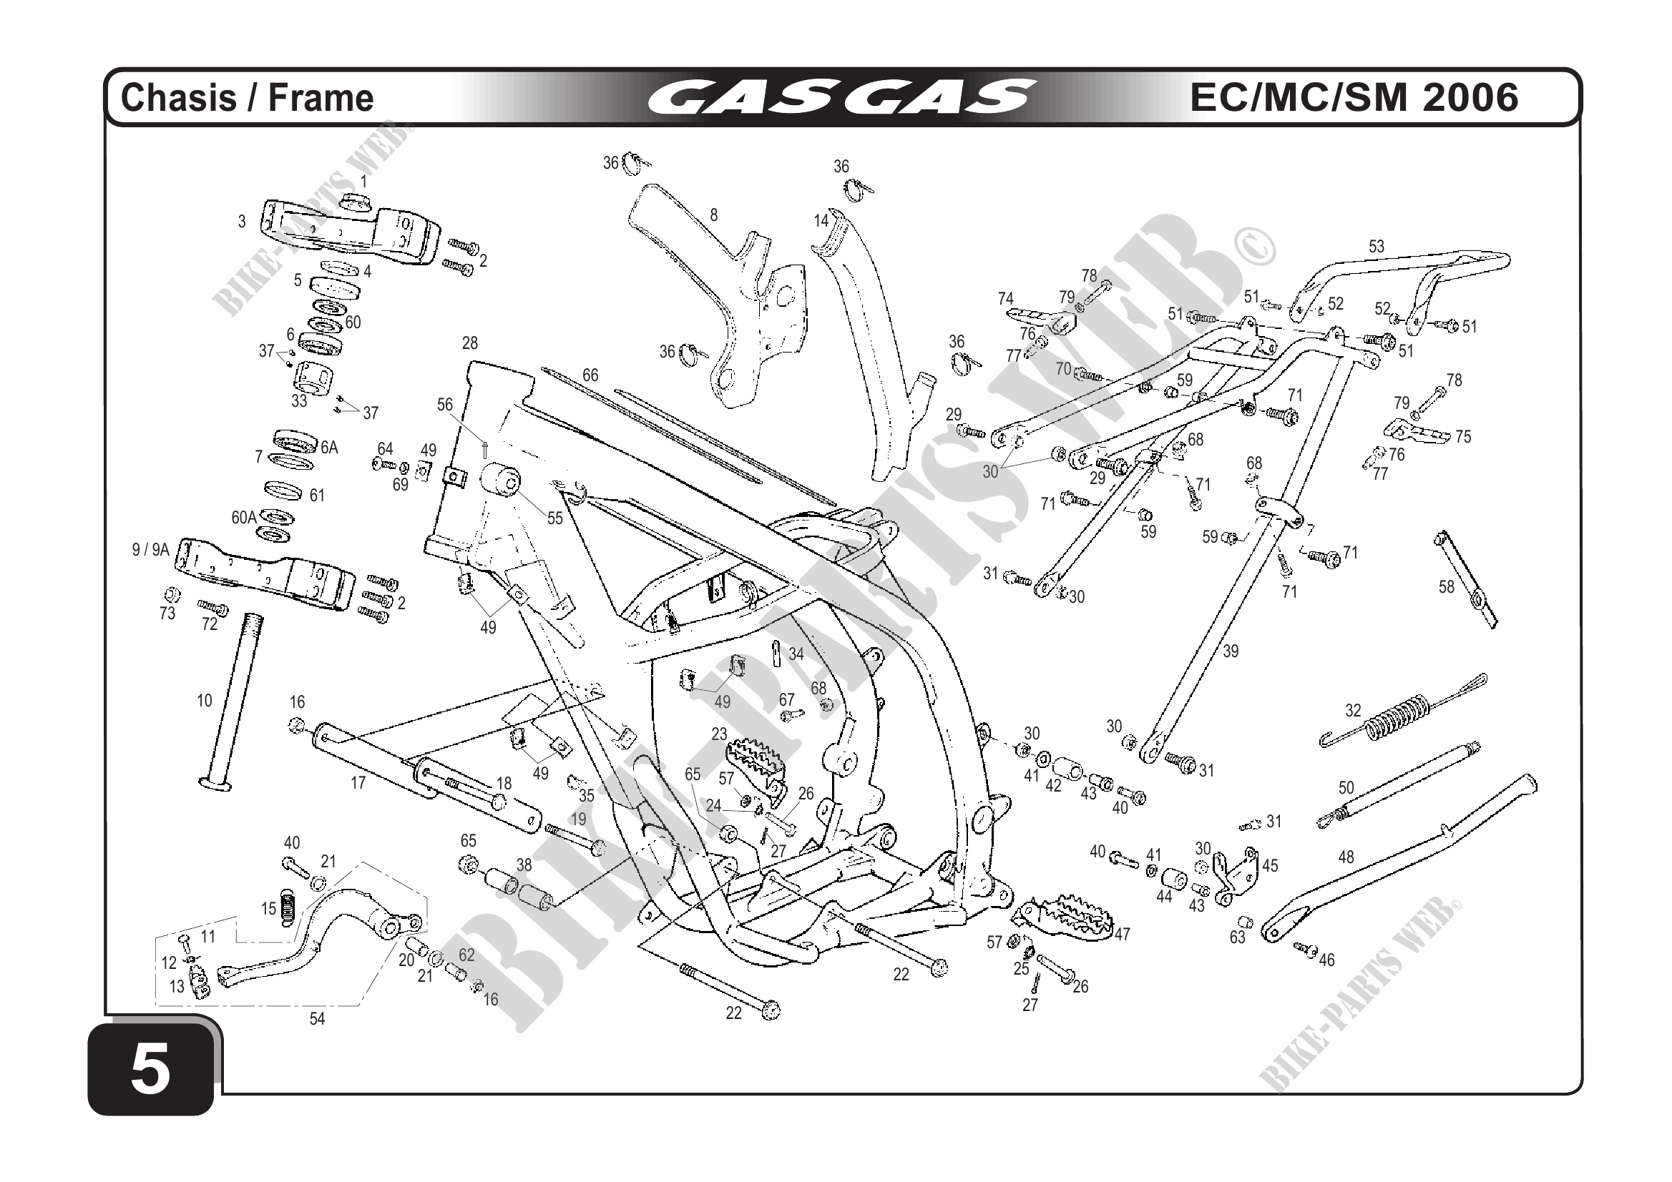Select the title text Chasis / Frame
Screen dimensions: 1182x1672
click(247, 98)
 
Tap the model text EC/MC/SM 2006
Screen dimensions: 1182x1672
click(1354, 97)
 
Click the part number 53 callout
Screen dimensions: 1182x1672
click(1376, 247)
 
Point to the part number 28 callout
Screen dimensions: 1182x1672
click(470, 343)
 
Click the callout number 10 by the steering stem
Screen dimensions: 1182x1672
click(205, 701)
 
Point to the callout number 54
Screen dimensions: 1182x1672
click(317, 1020)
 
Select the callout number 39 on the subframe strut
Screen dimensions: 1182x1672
click(1230, 651)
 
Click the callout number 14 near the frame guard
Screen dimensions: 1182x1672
click(821, 220)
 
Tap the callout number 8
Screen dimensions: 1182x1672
click(714, 215)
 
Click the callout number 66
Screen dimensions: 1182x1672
click(590, 375)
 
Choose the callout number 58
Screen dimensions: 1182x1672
click(1446, 586)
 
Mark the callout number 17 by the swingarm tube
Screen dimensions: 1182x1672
click(358, 783)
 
